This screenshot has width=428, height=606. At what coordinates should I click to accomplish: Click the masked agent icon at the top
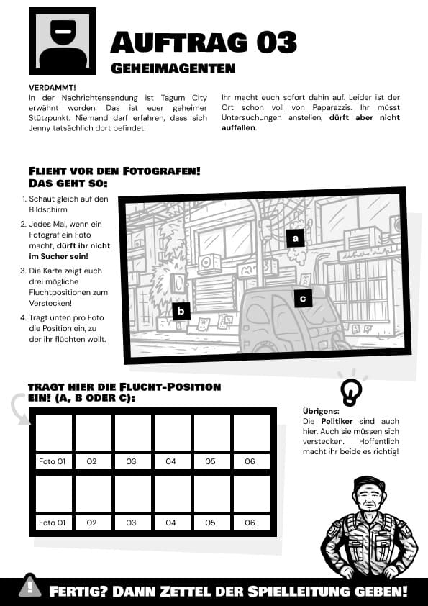tap(63, 41)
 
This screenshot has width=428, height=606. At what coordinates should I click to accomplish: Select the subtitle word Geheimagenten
tap(173, 68)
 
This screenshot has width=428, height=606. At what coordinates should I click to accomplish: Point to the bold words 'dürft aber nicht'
tap(364, 117)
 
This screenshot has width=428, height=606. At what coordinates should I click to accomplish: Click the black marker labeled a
tap(296, 238)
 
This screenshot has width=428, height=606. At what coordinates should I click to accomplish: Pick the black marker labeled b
tap(181, 311)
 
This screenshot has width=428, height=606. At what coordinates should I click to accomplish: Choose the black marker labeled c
tap(303, 299)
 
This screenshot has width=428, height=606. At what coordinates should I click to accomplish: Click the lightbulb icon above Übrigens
tap(351, 392)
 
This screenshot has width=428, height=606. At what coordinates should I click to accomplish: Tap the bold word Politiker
tap(337, 421)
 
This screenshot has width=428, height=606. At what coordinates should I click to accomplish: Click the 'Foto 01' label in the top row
tap(52, 461)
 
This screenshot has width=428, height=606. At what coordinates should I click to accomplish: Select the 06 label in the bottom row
tap(250, 523)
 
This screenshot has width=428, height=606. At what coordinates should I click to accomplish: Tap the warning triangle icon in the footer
tap(30, 587)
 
